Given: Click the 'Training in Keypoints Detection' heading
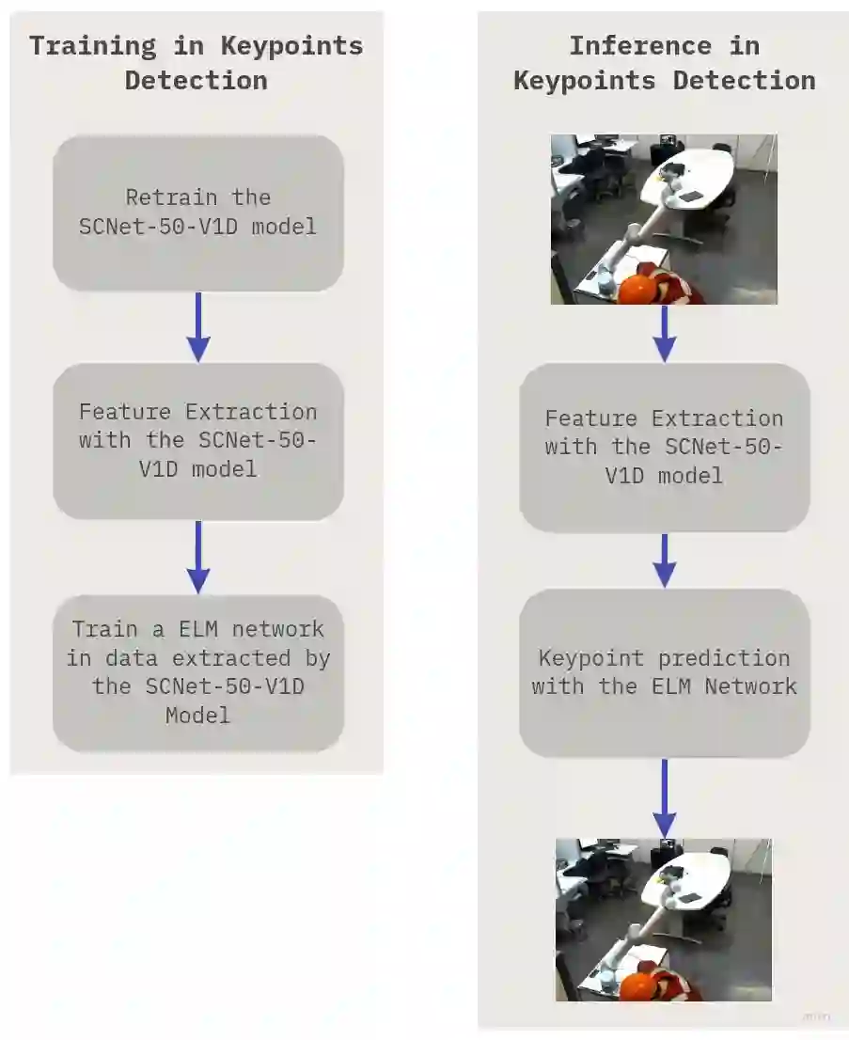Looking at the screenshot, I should (x=196, y=62).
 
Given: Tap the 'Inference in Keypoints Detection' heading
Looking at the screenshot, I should (x=664, y=62).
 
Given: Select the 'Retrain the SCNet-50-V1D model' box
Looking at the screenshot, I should (x=198, y=213).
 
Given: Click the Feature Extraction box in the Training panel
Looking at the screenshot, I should (x=198, y=441).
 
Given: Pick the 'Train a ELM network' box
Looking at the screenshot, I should (x=198, y=672).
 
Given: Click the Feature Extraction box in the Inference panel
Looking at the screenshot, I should (x=664, y=448).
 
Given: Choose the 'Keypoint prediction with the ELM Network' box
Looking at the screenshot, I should (x=664, y=672).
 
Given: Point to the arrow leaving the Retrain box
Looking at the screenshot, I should (x=198, y=326).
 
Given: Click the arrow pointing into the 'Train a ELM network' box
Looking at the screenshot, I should (x=198, y=557).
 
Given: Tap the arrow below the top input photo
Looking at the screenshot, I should (x=664, y=334).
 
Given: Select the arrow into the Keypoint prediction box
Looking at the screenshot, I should (x=664, y=560).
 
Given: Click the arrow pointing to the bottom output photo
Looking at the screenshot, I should (x=664, y=798).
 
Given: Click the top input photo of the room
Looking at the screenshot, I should (x=664, y=218).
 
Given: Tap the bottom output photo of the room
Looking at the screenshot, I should (x=664, y=920).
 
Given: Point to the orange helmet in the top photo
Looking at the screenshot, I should (x=641, y=286).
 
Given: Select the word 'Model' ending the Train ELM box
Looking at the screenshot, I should (x=198, y=716).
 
